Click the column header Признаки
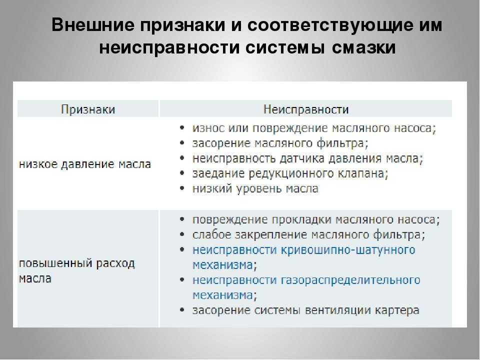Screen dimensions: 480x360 [88, 109]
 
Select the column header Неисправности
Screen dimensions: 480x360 [306, 109]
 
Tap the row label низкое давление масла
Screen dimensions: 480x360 [85, 164]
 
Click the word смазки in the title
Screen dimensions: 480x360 [363, 48]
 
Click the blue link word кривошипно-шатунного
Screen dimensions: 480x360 [348, 250]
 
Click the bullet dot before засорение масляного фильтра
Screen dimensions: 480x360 [182, 142]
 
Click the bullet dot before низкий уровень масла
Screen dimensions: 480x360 [182, 188]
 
